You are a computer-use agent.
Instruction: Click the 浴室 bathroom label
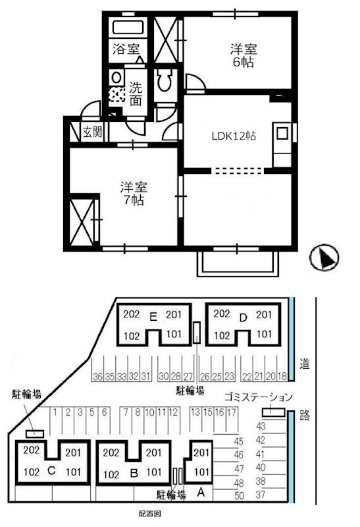tap(126, 49)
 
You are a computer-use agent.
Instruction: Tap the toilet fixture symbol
tap(165, 82)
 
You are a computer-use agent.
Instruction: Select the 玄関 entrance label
tap(92, 132)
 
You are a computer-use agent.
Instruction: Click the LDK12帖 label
tap(233, 136)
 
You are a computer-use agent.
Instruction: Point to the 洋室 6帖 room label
tap(243, 55)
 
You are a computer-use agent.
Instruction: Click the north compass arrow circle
tap(323, 257)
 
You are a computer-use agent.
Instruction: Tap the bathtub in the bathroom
tap(126, 28)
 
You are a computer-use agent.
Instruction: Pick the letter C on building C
tap(50, 471)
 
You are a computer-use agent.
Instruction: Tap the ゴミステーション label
tap(257, 397)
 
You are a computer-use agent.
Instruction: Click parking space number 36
tap(97, 377)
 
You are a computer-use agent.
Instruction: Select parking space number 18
tap(282, 377)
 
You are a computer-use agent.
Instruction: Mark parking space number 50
tap(239, 495)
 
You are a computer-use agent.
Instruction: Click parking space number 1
tap(57, 412)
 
